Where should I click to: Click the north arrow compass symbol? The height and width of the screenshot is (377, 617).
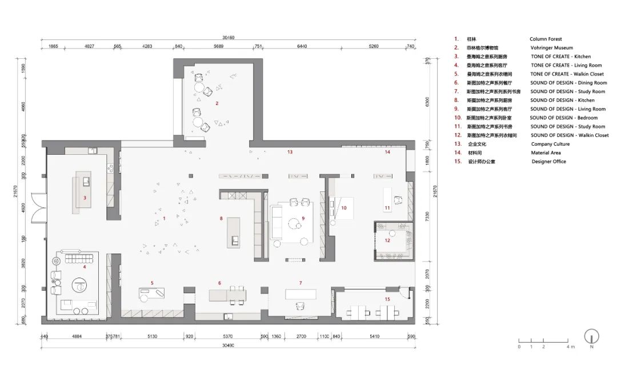(x=592, y=337)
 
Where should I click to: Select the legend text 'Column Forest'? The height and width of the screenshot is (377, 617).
(x=546, y=39)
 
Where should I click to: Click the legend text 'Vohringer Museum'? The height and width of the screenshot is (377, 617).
(x=551, y=48)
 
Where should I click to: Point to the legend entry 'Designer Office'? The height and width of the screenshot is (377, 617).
(x=548, y=162)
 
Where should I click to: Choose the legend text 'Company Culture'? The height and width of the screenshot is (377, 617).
(x=550, y=144)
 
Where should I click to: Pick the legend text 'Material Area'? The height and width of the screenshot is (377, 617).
(x=546, y=153)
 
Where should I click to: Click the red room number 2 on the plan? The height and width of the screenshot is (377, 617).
(x=217, y=103)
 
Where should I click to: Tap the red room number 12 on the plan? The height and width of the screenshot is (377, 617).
(x=387, y=240)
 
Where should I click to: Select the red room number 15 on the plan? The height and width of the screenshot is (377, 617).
(x=387, y=299)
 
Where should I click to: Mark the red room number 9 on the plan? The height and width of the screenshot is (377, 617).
(x=303, y=218)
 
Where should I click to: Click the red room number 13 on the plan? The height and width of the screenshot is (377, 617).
(x=290, y=152)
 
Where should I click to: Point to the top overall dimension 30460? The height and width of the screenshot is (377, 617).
(x=228, y=37)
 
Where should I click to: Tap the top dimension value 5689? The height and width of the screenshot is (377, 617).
(x=218, y=46)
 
